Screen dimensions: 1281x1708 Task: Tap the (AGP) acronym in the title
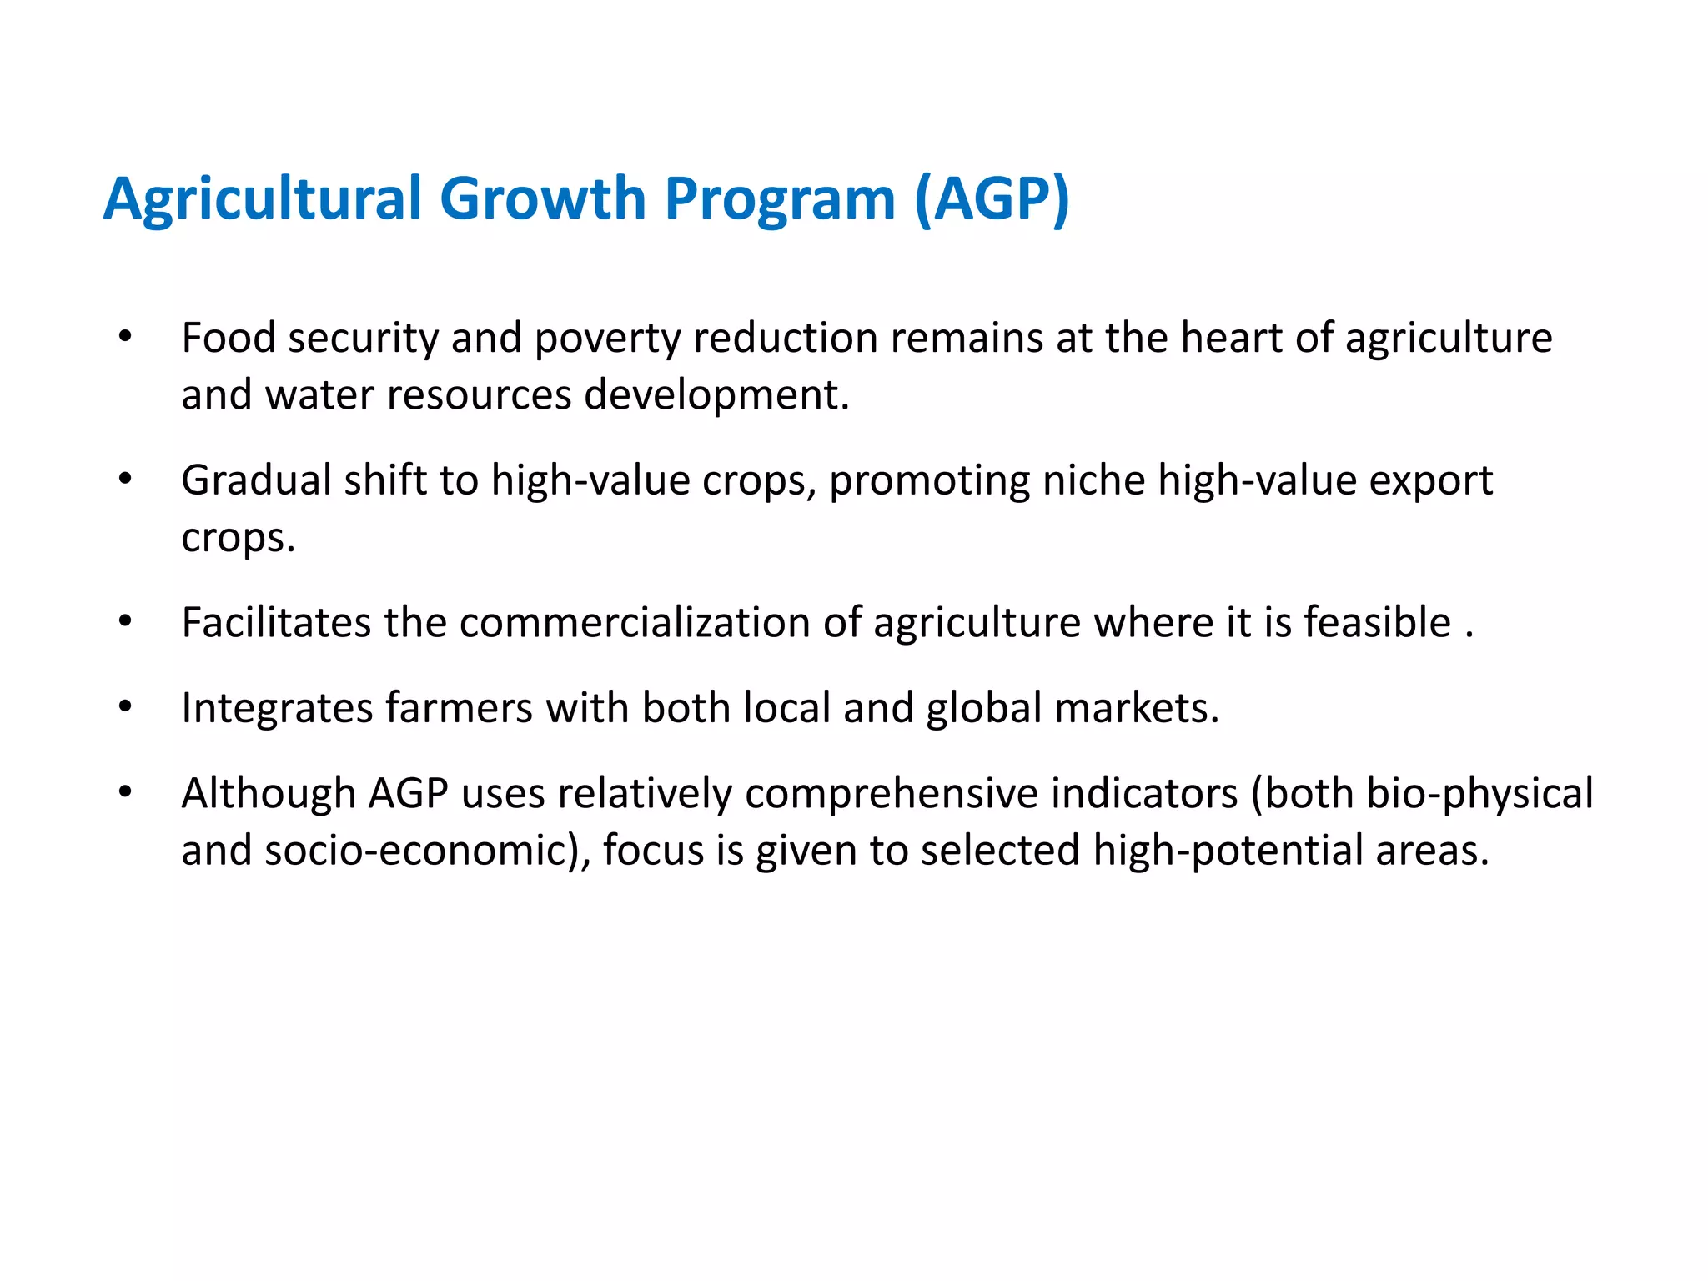[992, 199]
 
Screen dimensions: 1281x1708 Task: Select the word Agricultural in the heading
[263, 199]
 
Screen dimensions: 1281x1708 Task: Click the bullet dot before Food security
[125, 337]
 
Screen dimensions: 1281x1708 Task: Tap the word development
[716, 396]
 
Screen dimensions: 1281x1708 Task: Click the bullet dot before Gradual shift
[125, 479]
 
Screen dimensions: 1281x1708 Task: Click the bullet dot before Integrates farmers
[125, 707]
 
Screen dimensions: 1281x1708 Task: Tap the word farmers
[458, 707]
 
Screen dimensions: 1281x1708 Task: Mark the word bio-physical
[1479, 793]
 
